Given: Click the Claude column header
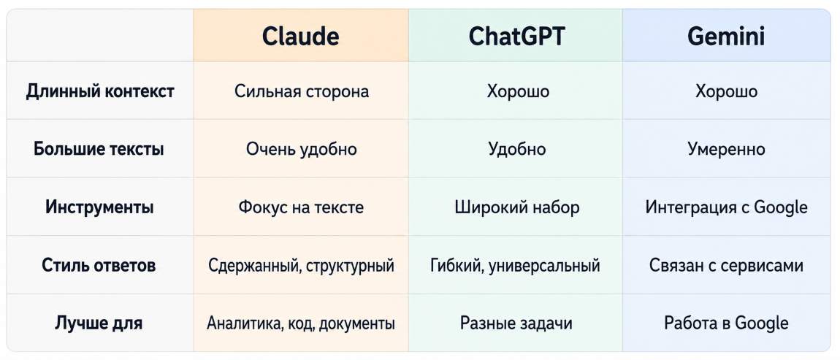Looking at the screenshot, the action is [300, 37].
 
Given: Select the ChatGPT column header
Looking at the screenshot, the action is [517, 37].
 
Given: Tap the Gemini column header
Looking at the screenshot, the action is [726, 37].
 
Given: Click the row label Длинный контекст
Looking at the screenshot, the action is [100, 91].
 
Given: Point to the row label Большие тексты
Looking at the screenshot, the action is [99, 149].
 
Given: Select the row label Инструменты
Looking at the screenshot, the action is [99, 207].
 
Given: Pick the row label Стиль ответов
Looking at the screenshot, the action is [99, 265].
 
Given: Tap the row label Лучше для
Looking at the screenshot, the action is [99, 323].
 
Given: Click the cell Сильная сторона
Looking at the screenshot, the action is [302, 91].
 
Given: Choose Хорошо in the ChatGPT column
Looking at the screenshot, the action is [518, 91].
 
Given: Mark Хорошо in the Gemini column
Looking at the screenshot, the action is [727, 91].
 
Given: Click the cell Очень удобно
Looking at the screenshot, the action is [302, 149].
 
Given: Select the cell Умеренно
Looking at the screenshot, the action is [727, 149].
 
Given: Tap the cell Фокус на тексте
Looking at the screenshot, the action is [301, 207].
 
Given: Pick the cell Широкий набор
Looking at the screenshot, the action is [517, 207].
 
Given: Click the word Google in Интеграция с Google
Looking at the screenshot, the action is [781, 207].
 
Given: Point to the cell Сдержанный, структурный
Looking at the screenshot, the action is [301, 265].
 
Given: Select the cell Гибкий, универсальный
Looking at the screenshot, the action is [516, 265].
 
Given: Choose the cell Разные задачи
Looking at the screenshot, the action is [516, 323].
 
